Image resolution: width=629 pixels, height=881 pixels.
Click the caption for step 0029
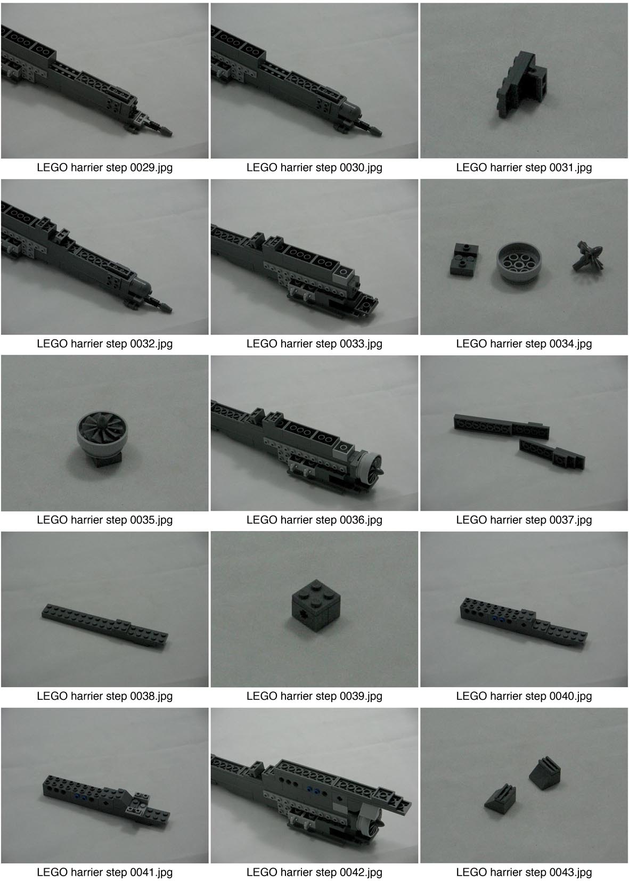pyautogui.click(x=104, y=168)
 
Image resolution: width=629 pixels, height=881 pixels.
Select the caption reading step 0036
pyautogui.click(x=314, y=520)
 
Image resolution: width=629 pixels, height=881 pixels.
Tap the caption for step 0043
pyautogui.click(x=524, y=872)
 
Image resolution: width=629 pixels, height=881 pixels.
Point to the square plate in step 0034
pyautogui.click(x=464, y=259)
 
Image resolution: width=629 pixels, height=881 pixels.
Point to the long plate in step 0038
pyautogui.click(x=104, y=625)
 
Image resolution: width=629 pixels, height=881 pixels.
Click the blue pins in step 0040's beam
pyautogui.click(x=497, y=620)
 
